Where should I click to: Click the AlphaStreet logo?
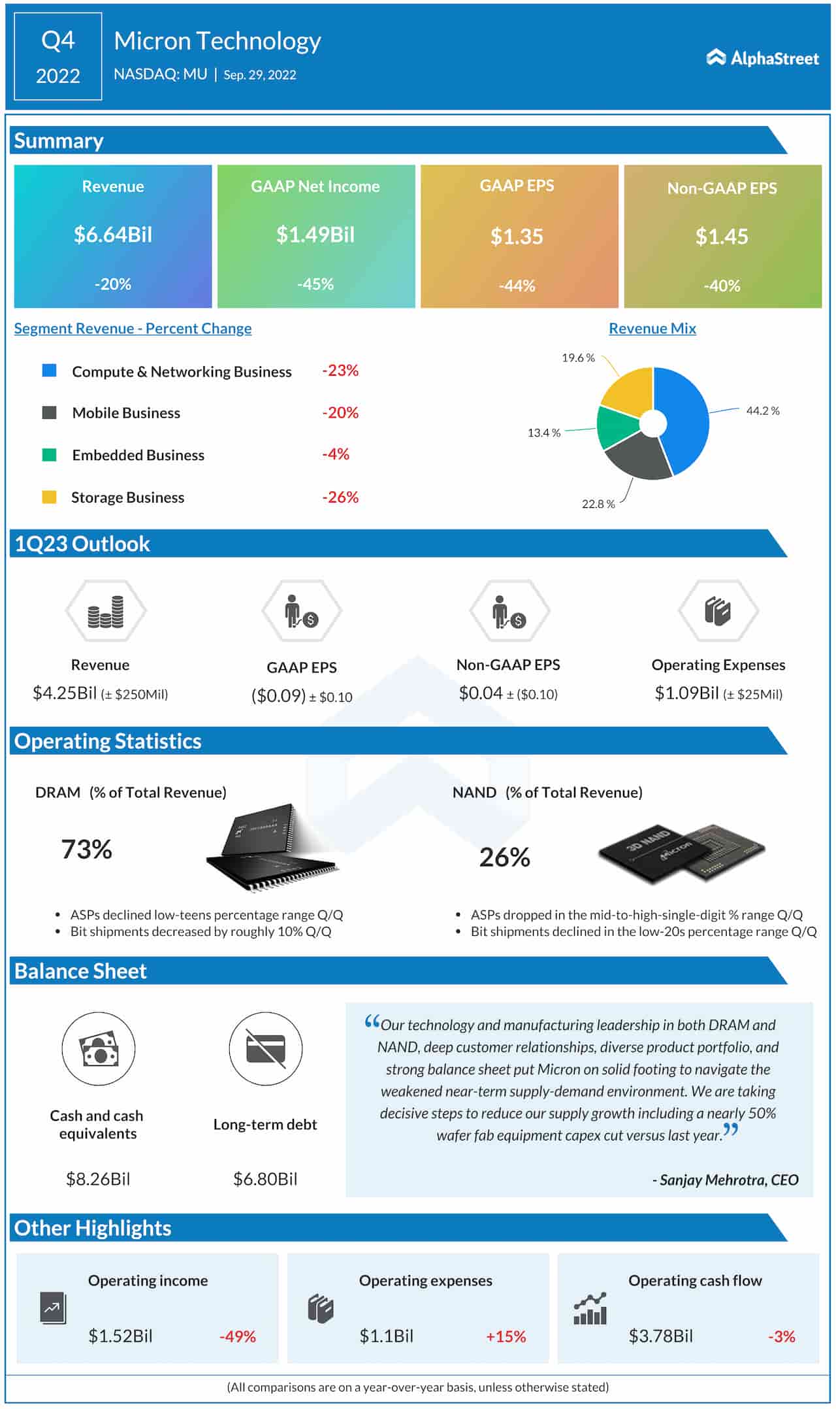[762, 58]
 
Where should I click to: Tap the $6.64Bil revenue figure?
[113, 235]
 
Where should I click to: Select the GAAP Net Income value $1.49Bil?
[315, 235]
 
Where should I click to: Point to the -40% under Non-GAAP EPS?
[722, 286]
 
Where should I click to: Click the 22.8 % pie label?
[598, 504]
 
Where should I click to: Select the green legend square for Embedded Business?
[49, 455]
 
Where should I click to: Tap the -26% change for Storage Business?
[340, 497]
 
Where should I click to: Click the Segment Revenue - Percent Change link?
[133, 328]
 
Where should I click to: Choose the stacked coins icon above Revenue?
[106, 612]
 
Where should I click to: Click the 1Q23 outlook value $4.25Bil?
[65, 693]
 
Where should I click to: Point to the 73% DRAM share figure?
[86, 849]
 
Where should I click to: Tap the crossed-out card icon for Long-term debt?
[265, 1049]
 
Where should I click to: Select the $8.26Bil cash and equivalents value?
[98, 1179]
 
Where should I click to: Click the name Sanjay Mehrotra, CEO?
[725, 1180]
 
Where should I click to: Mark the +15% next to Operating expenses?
[506, 1336]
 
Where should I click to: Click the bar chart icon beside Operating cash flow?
[590, 1309]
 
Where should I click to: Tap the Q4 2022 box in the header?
[57, 58]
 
